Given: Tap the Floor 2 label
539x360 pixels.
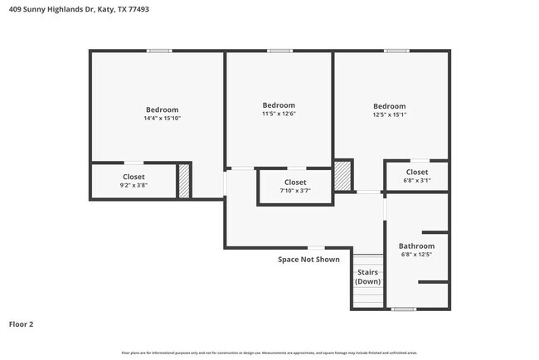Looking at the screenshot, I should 21,324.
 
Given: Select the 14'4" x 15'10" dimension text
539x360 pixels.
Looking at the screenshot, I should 162,119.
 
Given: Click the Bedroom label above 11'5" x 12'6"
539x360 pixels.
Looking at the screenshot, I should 279,105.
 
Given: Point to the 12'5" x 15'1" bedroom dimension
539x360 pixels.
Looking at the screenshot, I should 389,115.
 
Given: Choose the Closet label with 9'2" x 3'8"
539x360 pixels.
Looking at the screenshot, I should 134,177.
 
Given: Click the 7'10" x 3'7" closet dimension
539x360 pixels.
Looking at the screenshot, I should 295,191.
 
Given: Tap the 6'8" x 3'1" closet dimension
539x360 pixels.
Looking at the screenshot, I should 417,181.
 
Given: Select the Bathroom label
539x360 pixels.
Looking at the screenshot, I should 416,246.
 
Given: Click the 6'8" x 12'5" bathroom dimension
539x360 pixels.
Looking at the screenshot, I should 416,255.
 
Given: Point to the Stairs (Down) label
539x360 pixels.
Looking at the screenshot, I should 368,276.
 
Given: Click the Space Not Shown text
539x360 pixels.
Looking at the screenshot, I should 308,259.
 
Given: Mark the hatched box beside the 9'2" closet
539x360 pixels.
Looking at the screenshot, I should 184,182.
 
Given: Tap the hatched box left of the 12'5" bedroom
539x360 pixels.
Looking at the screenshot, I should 343,176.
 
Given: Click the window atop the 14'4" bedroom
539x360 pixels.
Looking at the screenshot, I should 159,51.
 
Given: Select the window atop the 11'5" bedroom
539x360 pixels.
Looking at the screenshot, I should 279,51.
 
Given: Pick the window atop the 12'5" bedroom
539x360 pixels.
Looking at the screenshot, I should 396,51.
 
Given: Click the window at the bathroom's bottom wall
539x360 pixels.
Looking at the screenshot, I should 403,309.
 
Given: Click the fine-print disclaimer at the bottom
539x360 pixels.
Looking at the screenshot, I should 269,353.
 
